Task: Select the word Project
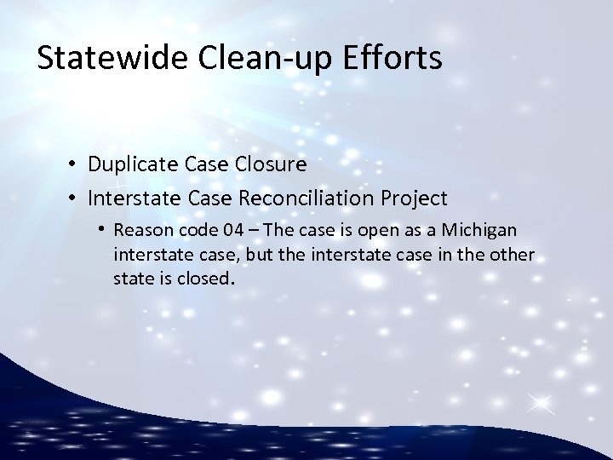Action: click(418, 198)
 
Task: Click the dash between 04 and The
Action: click(240, 231)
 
